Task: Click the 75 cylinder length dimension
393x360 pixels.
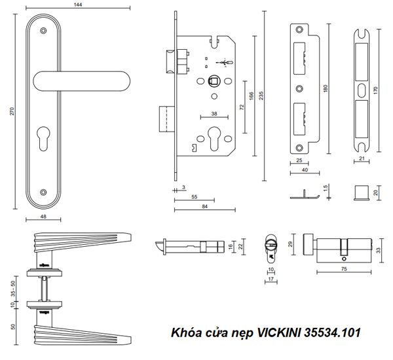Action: click(x=344, y=268)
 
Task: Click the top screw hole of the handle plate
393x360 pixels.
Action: click(x=44, y=30)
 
